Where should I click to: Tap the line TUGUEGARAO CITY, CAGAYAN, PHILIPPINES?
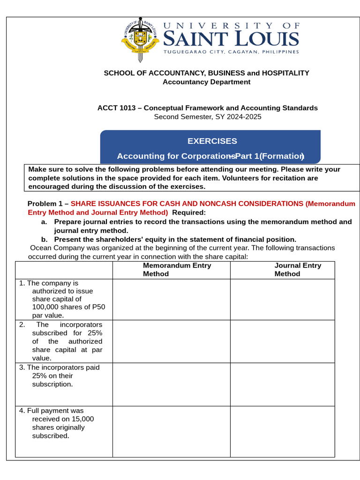point(231,52)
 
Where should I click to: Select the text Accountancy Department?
point(206,82)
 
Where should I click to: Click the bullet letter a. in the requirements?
point(44,222)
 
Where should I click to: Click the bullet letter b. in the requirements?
point(44,240)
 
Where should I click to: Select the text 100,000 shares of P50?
point(68,307)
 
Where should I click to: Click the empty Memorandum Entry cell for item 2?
point(171,341)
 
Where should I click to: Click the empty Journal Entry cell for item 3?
point(282,384)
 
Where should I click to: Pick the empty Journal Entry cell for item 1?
point(282,300)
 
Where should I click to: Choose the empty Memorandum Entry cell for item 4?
point(171,431)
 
